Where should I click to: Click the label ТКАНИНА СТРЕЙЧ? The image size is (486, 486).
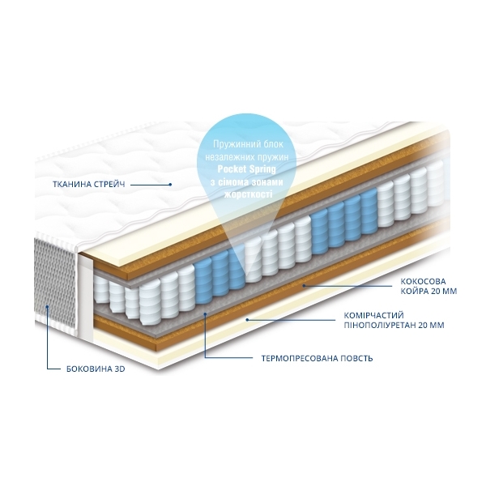click(x=89, y=185)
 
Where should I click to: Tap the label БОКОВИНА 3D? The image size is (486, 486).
click(x=96, y=369)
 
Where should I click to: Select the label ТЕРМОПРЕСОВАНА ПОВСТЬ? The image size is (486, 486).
click(x=317, y=359)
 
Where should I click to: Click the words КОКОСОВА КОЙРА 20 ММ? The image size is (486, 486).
click(x=428, y=287)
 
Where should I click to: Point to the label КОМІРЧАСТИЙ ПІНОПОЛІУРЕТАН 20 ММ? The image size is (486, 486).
click(x=394, y=320)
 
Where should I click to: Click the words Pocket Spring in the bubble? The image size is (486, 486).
click(x=247, y=169)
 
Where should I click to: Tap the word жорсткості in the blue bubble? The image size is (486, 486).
click(x=248, y=194)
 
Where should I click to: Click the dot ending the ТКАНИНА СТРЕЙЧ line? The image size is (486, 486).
click(x=170, y=185)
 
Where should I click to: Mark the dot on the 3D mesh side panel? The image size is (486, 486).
click(x=47, y=307)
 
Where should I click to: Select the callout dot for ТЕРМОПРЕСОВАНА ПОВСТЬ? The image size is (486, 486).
click(x=205, y=314)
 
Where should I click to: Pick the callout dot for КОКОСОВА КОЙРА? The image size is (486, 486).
click(x=305, y=286)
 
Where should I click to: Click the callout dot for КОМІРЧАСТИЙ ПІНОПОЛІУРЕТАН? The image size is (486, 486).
click(x=247, y=320)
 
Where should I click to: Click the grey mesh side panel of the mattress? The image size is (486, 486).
click(x=55, y=282)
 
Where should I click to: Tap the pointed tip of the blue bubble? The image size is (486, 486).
click(x=248, y=276)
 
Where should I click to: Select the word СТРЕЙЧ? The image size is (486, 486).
click(x=109, y=185)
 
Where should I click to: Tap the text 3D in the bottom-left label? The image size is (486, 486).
click(x=120, y=369)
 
